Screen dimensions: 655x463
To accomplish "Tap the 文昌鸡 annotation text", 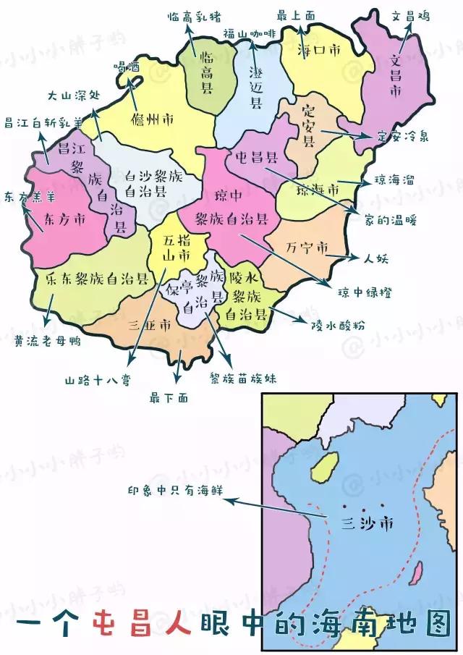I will coord(410,15).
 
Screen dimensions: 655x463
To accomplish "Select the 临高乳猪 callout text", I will coord(193,15).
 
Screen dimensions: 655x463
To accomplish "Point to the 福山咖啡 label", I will coord(250,33).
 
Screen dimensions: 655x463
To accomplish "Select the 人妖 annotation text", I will coord(375,257).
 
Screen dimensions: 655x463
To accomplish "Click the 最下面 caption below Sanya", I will coord(169,397).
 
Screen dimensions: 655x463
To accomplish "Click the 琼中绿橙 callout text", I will coord(365,292).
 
